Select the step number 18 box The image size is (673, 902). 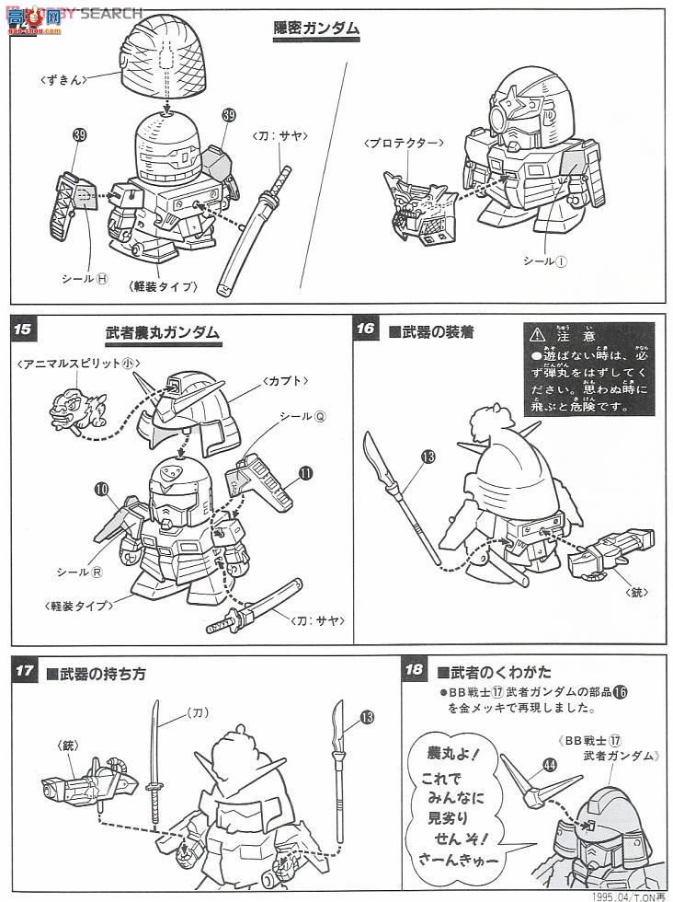tap(416, 670)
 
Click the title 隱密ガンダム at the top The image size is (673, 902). tap(316, 29)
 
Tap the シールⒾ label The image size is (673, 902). tap(544, 260)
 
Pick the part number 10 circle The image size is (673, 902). tap(100, 488)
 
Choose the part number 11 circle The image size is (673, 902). tap(304, 475)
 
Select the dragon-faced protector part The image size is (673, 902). tap(416, 208)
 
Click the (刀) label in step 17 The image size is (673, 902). tap(199, 712)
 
